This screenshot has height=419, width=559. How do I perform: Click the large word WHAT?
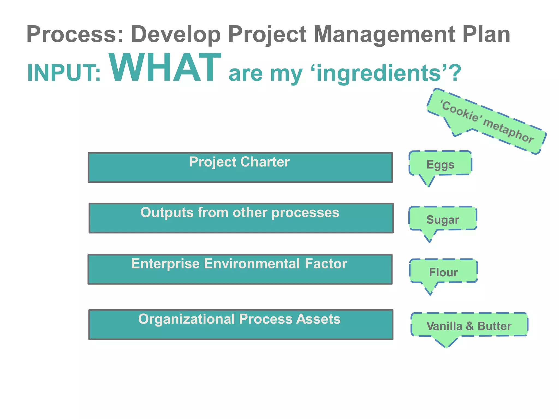click(x=165, y=68)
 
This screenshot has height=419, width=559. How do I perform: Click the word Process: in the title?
click(x=75, y=35)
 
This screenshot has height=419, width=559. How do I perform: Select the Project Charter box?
click(x=240, y=168)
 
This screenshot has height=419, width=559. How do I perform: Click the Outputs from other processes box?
click(x=241, y=218)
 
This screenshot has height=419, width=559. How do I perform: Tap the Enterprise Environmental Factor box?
click(x=240, y=270)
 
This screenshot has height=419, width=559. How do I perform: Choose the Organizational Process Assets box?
click(x=241, y=325)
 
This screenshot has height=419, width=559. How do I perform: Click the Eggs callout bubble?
click(x=440, y=164)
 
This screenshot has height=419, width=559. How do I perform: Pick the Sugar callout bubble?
click(x=442, y=219)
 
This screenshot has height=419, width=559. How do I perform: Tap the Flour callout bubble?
click(x=443, y=272)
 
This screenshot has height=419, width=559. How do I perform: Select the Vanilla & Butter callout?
click(x=469, y=325)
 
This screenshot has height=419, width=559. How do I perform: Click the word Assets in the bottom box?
click(x=318, y=319)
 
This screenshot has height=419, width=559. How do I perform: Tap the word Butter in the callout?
click(x=494, y=326)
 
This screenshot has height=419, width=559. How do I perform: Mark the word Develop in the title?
click(x=176, y=35)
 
